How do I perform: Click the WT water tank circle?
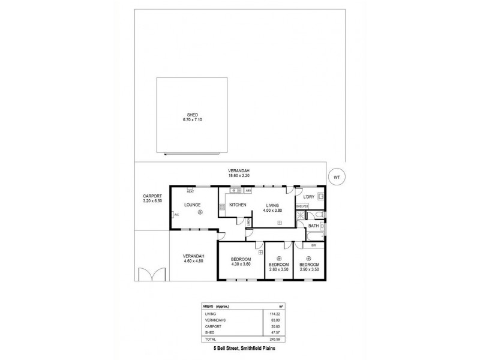[x=338, y=177]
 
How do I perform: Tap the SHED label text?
[x=192, y=115]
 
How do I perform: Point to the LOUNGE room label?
[x=183, y=205]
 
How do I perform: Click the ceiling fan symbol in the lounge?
[x=200, y=211]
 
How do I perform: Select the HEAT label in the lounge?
[x=190, y=191]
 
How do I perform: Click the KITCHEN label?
[x=238, y=205]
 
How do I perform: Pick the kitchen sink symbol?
[x=235, y=191]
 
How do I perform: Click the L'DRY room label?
[x=309, y=197]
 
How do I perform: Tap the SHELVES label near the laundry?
[x=302, y=206]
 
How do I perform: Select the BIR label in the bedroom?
[x=313, y=246]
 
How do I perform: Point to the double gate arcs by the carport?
[x=149, y=274]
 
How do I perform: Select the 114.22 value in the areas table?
[x=275, y=313]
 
